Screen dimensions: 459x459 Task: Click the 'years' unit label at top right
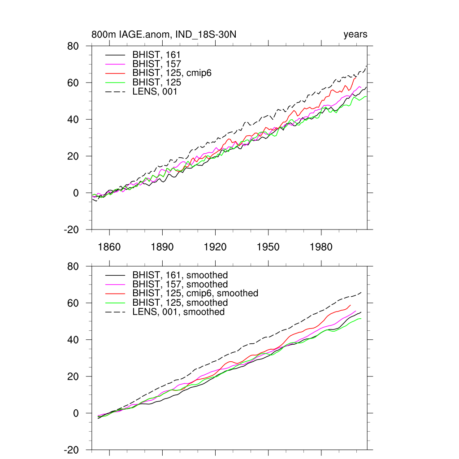tap(355, 35)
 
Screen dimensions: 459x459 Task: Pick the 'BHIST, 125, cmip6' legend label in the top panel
tap(172, 73)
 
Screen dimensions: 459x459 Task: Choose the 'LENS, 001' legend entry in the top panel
tap(155, 92)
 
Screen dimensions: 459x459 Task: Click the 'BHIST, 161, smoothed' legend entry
tap(180, 275)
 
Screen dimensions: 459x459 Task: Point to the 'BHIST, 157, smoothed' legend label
tap(180, 285)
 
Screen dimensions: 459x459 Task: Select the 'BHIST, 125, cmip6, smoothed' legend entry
tap(195, 294)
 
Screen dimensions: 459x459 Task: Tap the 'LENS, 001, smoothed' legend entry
tap(178, 312)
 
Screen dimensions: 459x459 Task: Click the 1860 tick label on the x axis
tap(109, 247)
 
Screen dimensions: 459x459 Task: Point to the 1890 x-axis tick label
tap(162, 247)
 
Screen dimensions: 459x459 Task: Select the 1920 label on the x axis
tap(215, 247)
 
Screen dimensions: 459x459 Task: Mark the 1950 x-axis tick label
tap(268, 247)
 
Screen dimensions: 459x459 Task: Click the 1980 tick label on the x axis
tap(321, 247)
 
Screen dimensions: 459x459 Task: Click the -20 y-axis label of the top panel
tap(72, 230)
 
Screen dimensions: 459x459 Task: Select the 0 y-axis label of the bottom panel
tap(76, 413)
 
